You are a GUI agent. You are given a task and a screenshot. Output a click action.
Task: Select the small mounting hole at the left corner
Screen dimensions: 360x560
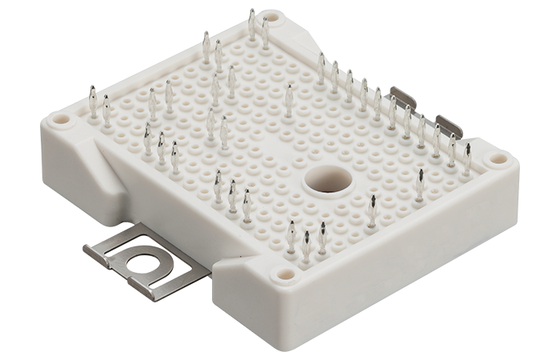pos(60,121)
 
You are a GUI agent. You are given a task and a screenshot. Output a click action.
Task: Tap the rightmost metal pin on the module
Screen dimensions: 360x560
pos(467,158)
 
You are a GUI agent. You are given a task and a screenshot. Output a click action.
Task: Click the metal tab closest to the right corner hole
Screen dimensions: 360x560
pos(449,125)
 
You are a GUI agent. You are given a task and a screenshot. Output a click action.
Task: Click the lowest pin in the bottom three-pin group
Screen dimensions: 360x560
pos(306,246)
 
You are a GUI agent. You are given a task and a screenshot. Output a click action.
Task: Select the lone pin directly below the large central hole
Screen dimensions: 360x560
pos(371,210)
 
